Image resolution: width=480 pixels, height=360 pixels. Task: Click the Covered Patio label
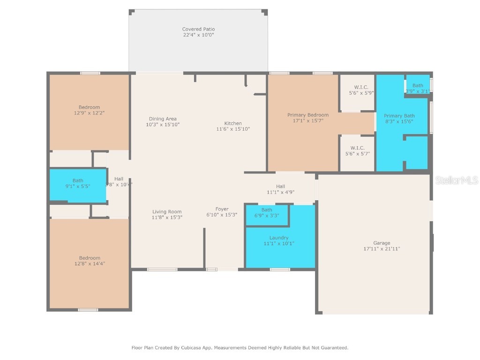point(198,29)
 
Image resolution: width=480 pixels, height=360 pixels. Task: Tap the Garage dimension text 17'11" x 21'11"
point(382,249)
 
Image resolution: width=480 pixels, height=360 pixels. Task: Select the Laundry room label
point(279,238)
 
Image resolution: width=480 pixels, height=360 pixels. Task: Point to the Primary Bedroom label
point(307,115)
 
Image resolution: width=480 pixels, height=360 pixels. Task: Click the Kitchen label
point(233,123)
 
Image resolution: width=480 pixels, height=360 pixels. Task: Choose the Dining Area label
point(163,119)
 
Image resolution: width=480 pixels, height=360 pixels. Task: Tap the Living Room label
point(166,211)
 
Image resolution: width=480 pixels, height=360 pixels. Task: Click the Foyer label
point(222,209)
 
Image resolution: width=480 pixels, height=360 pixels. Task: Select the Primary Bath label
point(399,116)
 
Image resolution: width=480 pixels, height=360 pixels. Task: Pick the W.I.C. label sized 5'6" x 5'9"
point(360,87)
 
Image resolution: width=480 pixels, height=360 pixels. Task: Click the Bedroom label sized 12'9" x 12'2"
point(89,107)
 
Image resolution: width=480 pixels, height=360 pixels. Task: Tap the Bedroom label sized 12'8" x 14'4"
point(89,258)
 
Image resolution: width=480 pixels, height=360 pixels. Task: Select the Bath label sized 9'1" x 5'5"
point(78,180)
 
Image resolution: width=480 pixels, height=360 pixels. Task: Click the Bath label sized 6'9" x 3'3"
point(267,210)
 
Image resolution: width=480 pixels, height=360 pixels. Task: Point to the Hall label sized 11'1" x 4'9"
point(280,186)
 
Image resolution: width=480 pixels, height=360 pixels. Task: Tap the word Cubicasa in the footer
point(198,348)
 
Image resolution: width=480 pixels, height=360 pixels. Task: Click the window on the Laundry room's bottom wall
point(280,269)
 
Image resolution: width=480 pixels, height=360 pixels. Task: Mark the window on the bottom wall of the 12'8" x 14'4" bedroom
point(88,309)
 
